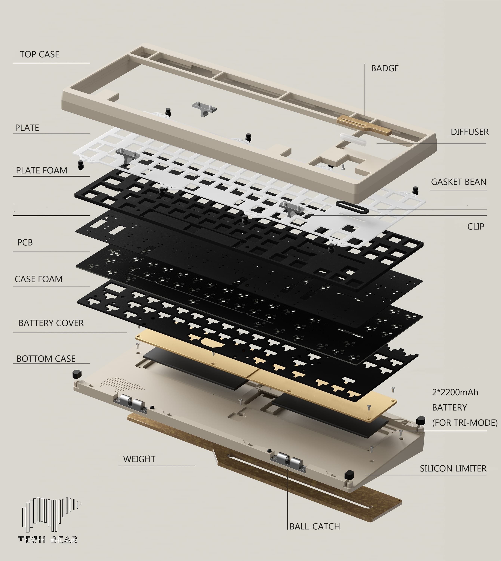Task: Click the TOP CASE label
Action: (x=39, y=54)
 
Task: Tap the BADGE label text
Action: (x=385, y=68)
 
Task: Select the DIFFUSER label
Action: (x=469, y=132)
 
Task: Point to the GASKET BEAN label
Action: (x=458, y=182)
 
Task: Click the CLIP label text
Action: (x=475, y=226)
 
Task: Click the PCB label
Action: (x=25, y=242)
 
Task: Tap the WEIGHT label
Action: (x=139, y=459)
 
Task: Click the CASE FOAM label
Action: (x=38, y=279)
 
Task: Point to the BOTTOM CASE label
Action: (x=46, y=359)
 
